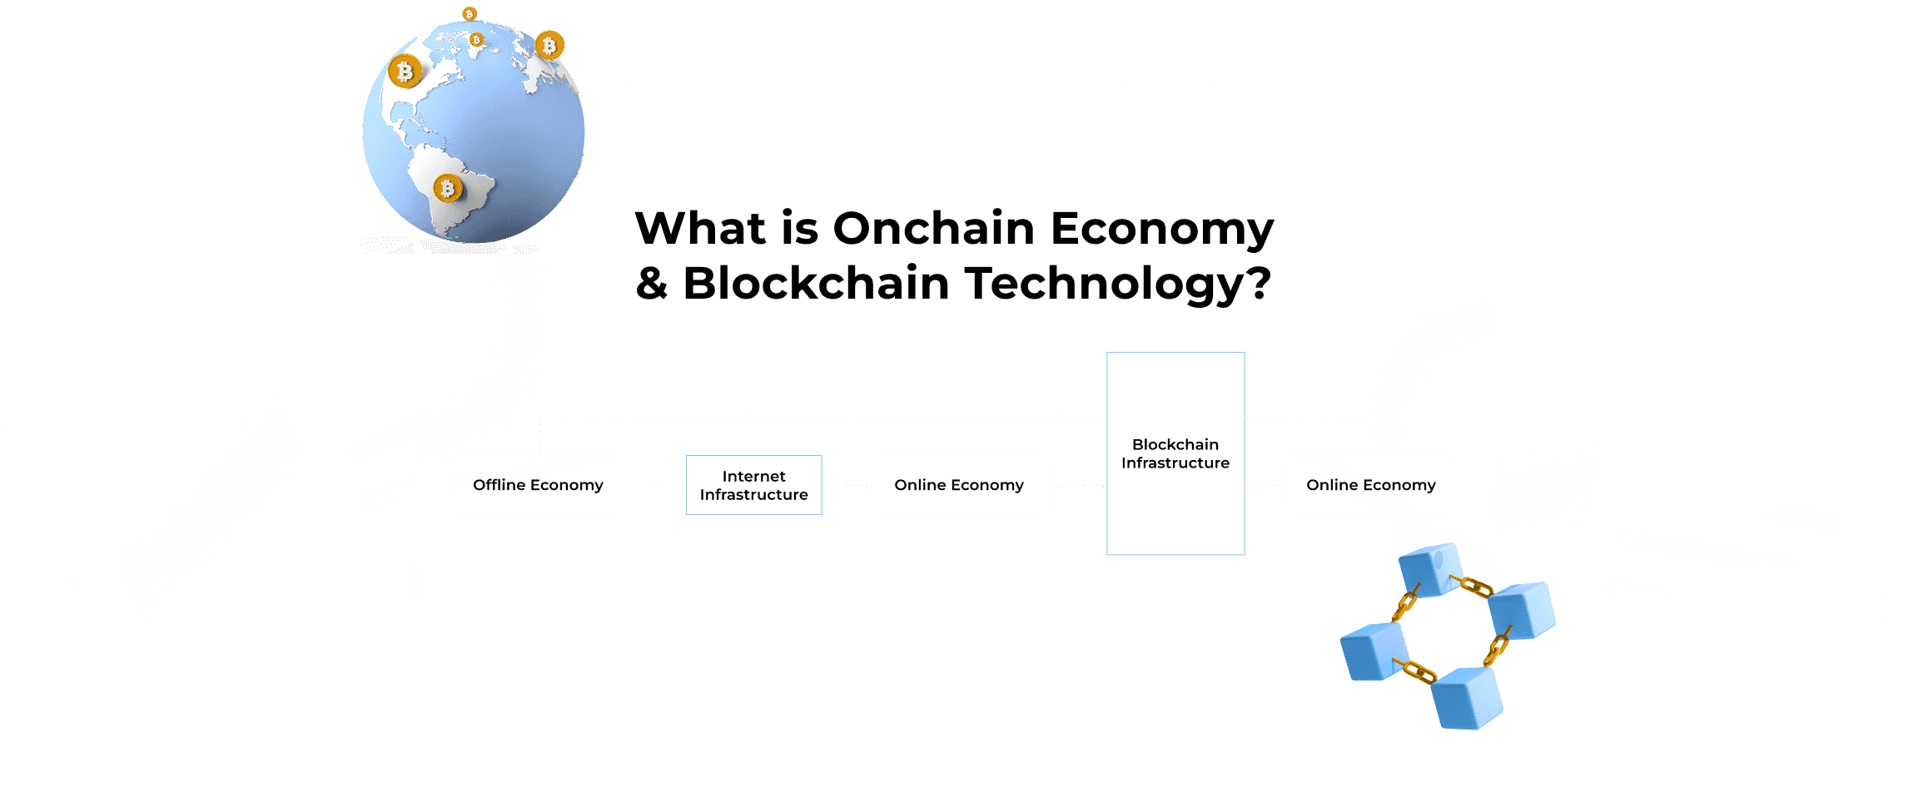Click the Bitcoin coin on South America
pyautogui.click(x=448, y=189)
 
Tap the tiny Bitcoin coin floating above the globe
pyautogui.click(x=470, y=14)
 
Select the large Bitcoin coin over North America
pyautogui.click(x=405, y=72)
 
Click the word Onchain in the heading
pyautogui.click(x=933, y=228)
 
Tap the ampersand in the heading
pyautogui.click(x=652, y=284)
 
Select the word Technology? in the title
pyautogui.click(x=1118, y=285)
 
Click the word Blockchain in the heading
pyautogui.click(x=816, y=283)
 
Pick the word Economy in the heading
pyautogui.click(x=1162, y=230)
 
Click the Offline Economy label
pyautogui.click(x=538, y=485)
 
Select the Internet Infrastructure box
pyautogui.click(x=753, y=485)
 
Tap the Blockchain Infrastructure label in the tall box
pyautogui.click(x=1175, y=453)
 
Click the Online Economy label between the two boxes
pyautogui.click(x=959, y=485)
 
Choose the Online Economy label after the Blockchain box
pyautogui.click(x=1371, y=485)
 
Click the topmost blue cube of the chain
pyautogui.click(x=1430, y=570)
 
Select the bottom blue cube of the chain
pyautogui.click(x=1468, y=699)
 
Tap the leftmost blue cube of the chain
pyautogui.click(x=1374, y=651)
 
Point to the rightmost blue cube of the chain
pyautogui.click(x=1523, y=611)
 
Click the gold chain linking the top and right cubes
pyautogui.click(x=1472, y=586)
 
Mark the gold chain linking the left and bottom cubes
pyautogui.click(x=1415, y=671)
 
